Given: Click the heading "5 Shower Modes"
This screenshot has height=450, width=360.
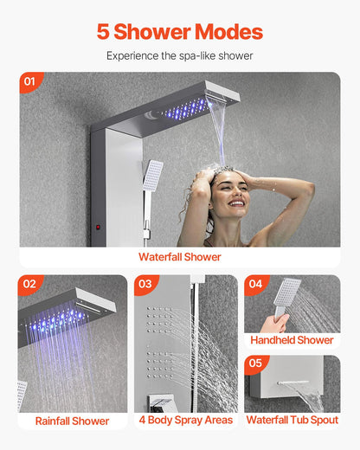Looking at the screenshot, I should click(x=180, y=32).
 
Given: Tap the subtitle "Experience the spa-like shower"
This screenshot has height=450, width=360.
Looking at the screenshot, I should click(x=180, y=55).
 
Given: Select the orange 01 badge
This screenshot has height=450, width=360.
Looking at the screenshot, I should click(x=31, y=83).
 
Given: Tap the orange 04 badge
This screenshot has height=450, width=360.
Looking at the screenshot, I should click(x=256, y=284).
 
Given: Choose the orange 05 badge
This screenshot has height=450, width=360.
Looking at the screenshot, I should click(x=256, y=364).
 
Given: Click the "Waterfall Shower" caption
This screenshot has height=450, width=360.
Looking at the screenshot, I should click(x=180, y=257).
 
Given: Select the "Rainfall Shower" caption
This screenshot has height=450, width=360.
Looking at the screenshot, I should click(x=73, y=421).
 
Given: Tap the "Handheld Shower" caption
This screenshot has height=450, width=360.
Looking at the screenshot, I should click(x=292, y=340).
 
